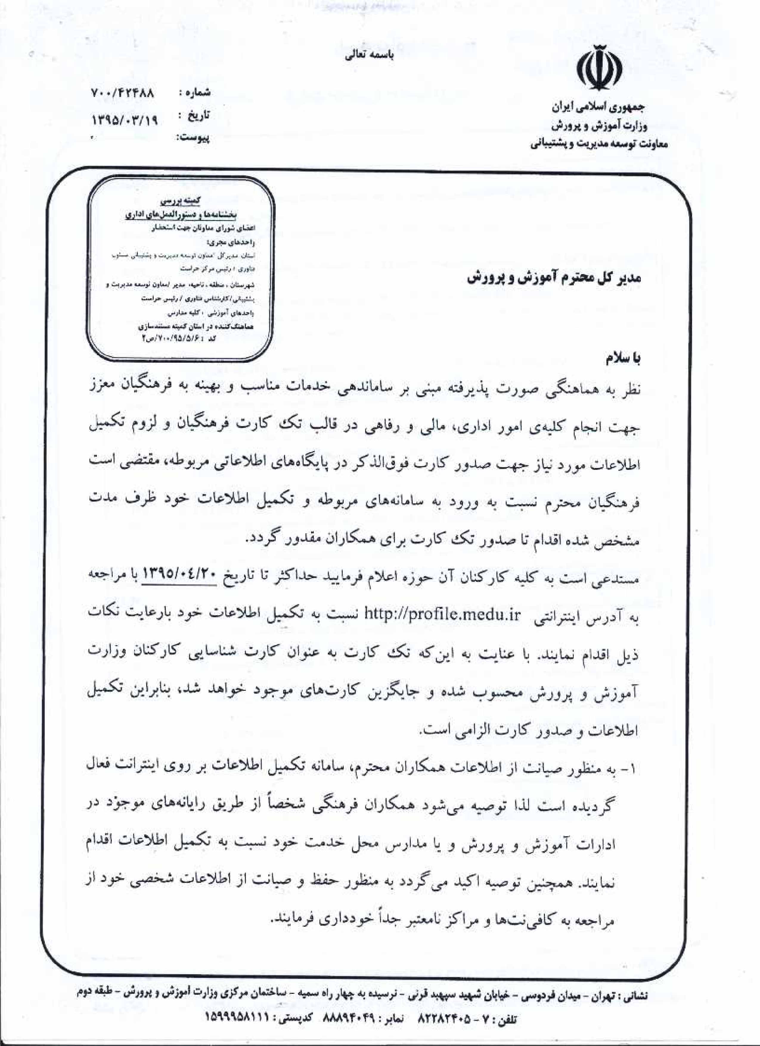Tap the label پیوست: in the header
coord(193,138)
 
